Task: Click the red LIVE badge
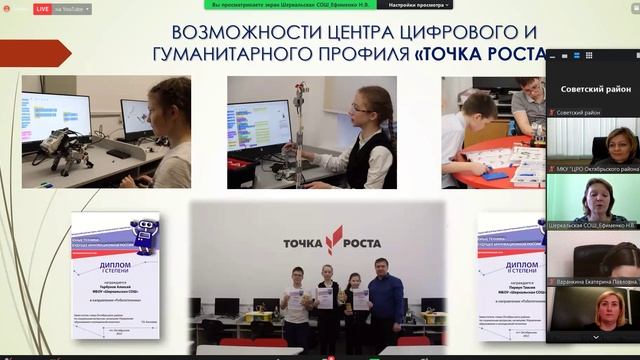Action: tap(43, 8)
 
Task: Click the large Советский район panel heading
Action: tap(594, 89)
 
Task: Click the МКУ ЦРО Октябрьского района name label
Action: tap(596, 169)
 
